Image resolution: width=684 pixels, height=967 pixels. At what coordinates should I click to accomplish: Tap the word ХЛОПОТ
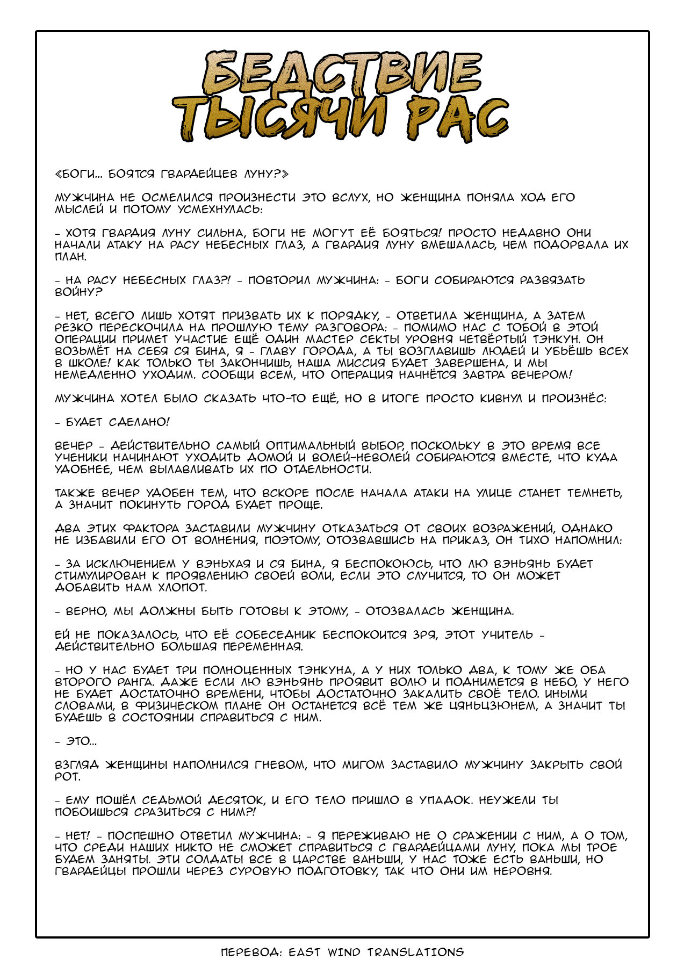click(x=173, y=588)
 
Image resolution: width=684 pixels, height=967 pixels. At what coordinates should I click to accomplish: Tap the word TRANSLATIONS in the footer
click(x=415, y=952)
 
